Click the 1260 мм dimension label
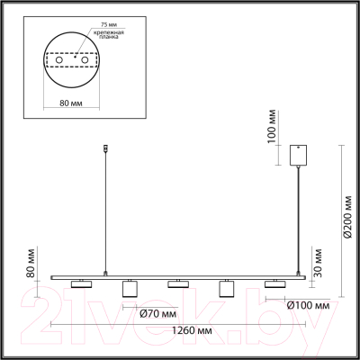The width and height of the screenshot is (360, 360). click(x=192, y=330)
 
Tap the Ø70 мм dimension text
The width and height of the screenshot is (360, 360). click(x=158, y=314)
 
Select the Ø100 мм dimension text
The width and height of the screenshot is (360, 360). click(x=308, y=305)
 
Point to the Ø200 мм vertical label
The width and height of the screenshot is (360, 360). click(x=348, y=217)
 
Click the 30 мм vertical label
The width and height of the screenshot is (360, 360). click(x=317, y=263)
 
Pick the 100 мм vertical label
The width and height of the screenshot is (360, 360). click(x=271, y=126)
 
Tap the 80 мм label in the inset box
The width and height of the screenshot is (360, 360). click(x=71, y=103)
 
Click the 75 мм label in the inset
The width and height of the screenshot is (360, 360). click(x=104, y=24)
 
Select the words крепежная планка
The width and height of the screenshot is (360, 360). click(x=109, y=35)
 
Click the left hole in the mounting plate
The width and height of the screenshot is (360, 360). click(x=58, y=60)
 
